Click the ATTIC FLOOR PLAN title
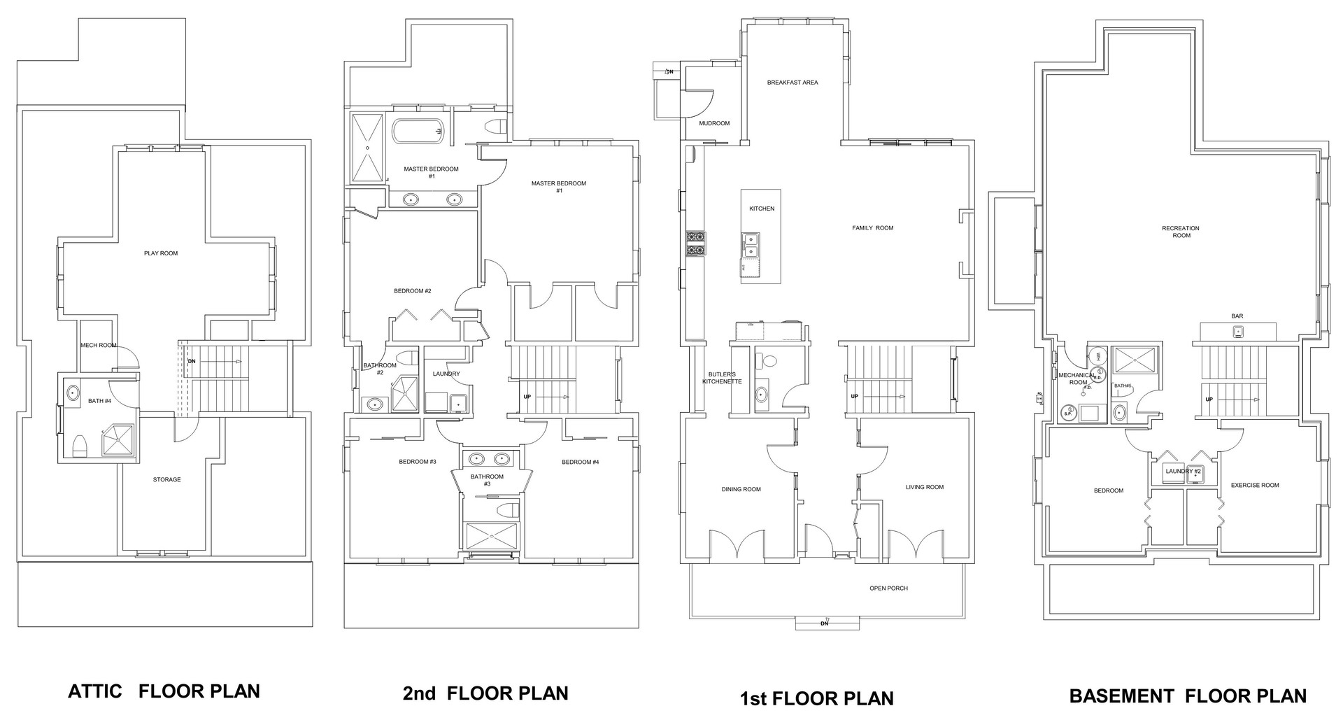click(x=164, y=691)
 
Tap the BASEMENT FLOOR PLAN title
click(x=1187, y=696)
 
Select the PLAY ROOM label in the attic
click(x=161, y=253)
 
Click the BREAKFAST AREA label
click(x=792, y=83)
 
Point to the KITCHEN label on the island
click(x=762, y=209)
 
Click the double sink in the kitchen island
click(x=750, y=245)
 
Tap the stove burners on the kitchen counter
click(x=696, y=243)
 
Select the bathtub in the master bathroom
click(x=417, y=131)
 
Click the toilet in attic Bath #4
click(x=79, y=446)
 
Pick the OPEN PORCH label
click(x=888, y=588)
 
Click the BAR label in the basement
click(x=1237, y=316)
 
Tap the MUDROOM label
click(x=714, y=123)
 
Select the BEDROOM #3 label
click(x=418, y=462)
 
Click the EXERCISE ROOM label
click(x=1255, y=485)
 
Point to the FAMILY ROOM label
click(x=872, y=228)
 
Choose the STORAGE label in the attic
click(x=166, y=480)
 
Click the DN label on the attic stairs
click(x=192, y=362)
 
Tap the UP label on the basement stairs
click(x=1209, y=400)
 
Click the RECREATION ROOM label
click(x=1181, y=232)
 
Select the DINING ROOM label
click(x=741, y=490)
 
